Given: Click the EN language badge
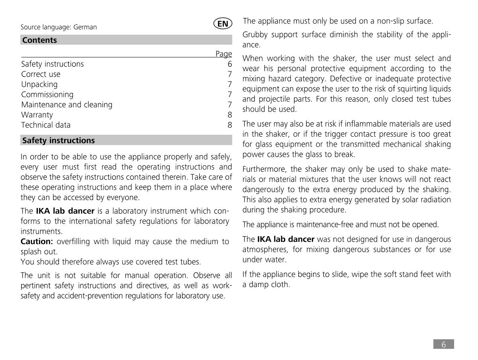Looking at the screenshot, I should tap(223, 24).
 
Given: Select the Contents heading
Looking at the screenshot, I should tap(39, 40).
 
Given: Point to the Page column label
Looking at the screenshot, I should tap(223, 54).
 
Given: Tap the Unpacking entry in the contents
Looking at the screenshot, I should tap(39, 85).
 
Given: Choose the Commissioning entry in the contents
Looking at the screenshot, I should tap(47, 94).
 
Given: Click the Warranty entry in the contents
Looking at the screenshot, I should tap(37, 115).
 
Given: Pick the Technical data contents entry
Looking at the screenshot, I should tap(46, 125).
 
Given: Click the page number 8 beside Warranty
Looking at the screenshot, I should tap(229, 115).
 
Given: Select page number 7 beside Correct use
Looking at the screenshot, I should tap(229, 74).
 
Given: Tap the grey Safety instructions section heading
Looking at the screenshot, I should tap(59, 140).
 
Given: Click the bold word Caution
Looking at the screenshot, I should tap(37, 242).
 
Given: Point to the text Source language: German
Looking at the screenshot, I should tap(59, 27).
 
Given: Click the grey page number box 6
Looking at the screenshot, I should tap(443, 344).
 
